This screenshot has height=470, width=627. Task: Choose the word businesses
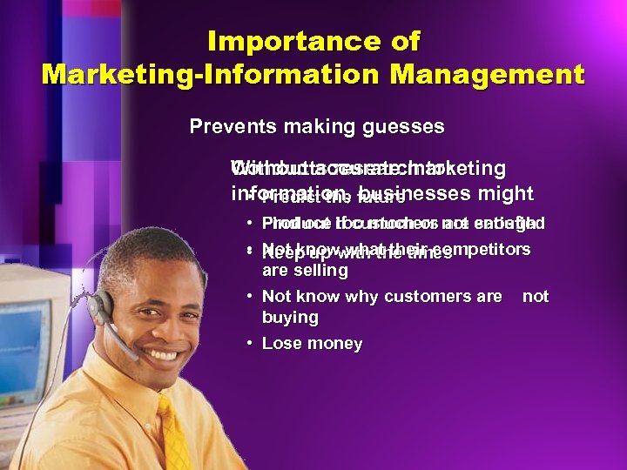coord(418,194)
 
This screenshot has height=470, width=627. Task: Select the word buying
coord(290,318)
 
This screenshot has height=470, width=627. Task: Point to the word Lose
coord(280,344)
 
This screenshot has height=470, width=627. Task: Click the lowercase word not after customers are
coord(536,296)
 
